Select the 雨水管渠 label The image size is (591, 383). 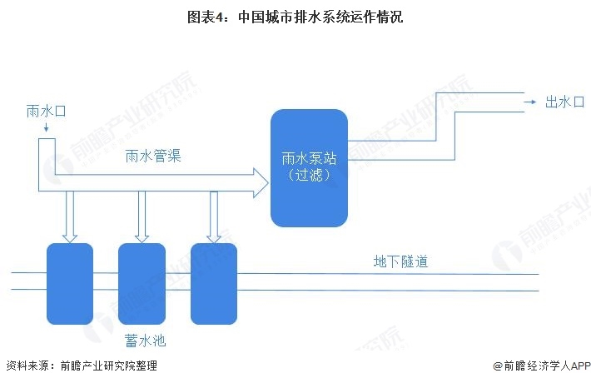click(153, 156)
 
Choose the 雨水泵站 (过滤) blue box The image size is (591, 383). click(308, 167)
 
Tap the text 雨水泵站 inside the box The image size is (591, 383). click(308, 158)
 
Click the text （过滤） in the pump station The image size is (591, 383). click(308, 176)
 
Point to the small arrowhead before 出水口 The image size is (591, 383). click(529, 102)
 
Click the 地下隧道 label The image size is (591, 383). click(400, 261)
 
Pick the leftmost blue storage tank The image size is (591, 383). click(69, 283)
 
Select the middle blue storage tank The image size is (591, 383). click(142, 283)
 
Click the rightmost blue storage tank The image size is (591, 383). click(213, 283)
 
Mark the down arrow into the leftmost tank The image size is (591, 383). click(70, 218)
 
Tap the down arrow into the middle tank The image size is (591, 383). click(142, 218)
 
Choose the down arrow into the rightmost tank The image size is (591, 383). click(214, 218)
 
